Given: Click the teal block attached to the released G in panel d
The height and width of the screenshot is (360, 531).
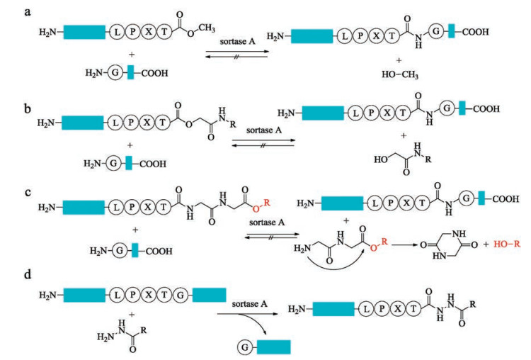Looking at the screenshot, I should tap(273, 346).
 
